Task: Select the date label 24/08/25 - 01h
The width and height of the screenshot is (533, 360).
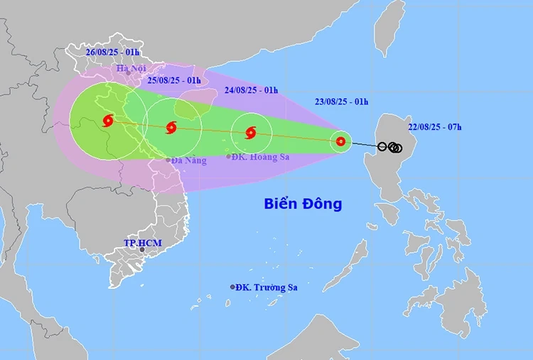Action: (x=252, y=90)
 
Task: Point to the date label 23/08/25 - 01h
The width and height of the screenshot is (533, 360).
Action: (x=342, y=102)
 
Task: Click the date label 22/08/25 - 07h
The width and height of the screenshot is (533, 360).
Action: (x=435, y=127)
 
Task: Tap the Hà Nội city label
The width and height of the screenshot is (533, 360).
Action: (x=131, y=69)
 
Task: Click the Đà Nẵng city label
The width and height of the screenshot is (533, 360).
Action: (x=189, y=160)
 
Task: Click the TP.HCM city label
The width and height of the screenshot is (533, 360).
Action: (x=142, y=243)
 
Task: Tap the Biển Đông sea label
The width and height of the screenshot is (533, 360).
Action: (x=303, y=204)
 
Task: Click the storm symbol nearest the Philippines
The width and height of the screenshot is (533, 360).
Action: (x=341, y=141)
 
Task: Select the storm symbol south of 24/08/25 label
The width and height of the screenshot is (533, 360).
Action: (x=250, y=133)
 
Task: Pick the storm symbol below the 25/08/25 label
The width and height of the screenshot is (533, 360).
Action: (x=171, y=128)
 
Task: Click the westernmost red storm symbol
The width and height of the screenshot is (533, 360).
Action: (x=108, y=121)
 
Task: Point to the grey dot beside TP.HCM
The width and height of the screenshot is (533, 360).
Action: (x=142, y=250)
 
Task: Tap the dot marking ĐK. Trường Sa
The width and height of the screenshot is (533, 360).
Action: (x=232, y=287)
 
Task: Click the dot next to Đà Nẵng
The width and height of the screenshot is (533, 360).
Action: (x=168, y=160)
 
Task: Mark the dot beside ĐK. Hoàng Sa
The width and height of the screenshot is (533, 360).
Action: (x=229, y=156)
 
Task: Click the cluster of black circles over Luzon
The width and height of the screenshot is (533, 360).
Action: (x=392, y=147)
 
